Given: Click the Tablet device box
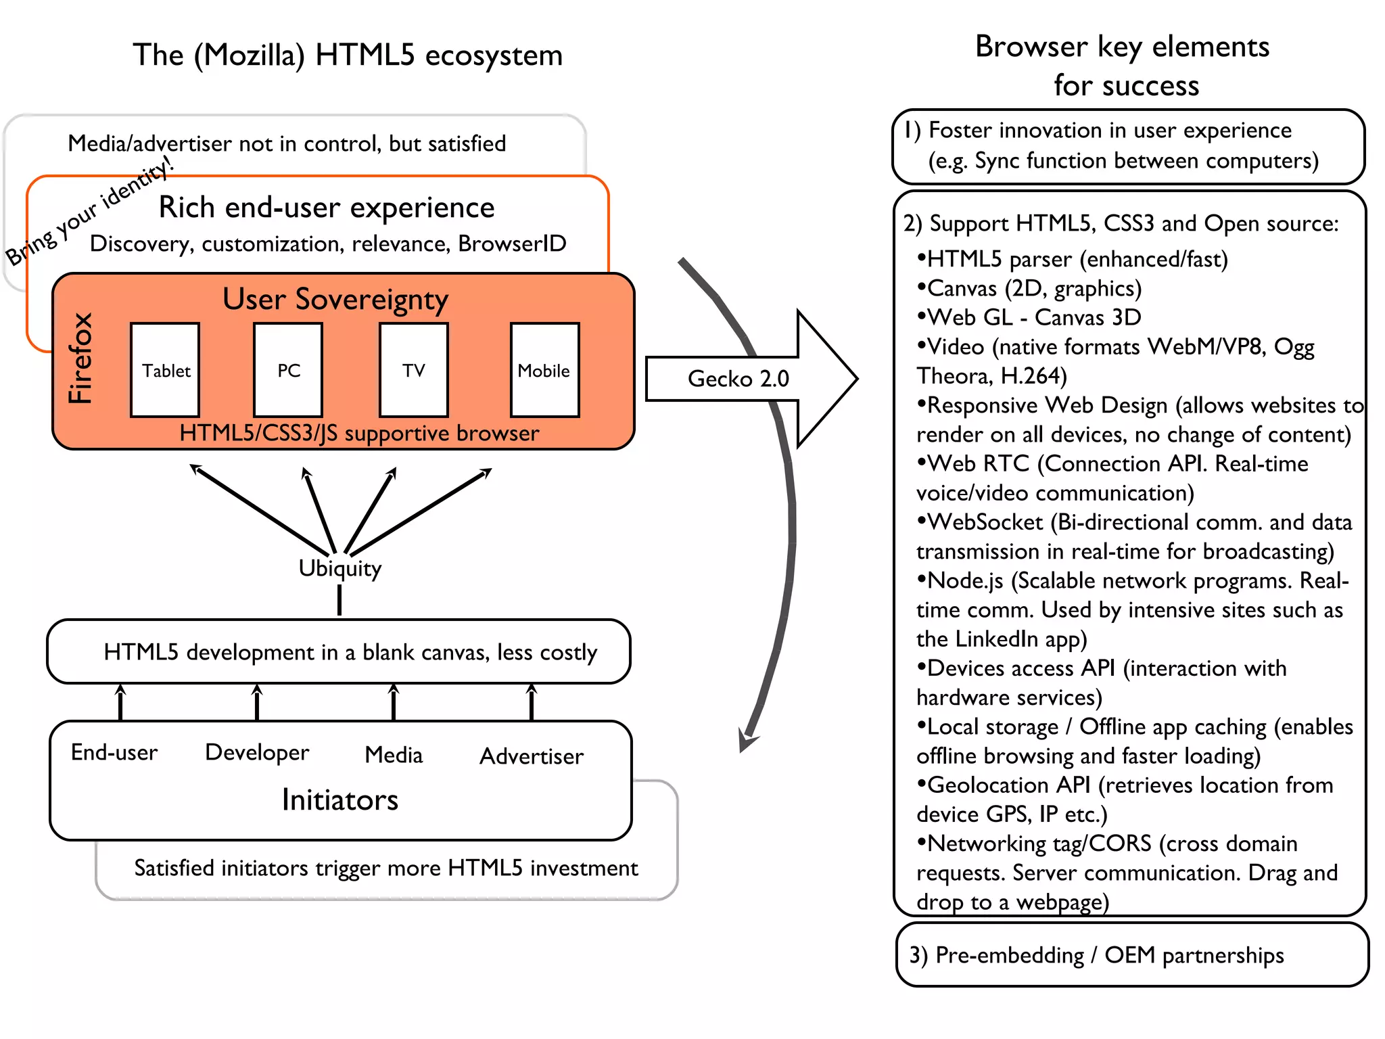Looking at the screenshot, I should click(165, 370).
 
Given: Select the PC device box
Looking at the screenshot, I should click(288, 370).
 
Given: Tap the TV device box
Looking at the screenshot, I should click(414, 370).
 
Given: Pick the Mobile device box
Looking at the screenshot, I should click(544, 370).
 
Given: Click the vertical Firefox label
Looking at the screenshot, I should click(80, 359).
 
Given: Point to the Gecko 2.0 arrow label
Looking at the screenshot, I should click(738, 379).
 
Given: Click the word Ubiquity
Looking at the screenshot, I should click(339, 568).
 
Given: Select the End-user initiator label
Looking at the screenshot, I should click(114, 752).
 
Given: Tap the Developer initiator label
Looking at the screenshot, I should click(257, 752).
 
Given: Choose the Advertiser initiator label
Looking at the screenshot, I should click(532, 756).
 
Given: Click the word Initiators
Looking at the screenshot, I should click(339, 800).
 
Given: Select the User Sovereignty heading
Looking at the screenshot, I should click(335, 299).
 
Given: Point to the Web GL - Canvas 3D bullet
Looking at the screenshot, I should click(1029, 317).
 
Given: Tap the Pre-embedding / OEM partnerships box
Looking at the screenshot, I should click(1131, 955).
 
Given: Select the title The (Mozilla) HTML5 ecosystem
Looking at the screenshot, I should click(348, 55).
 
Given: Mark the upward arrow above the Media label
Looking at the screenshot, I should click(394, 702).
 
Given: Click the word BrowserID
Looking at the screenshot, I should click(512, 244).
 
